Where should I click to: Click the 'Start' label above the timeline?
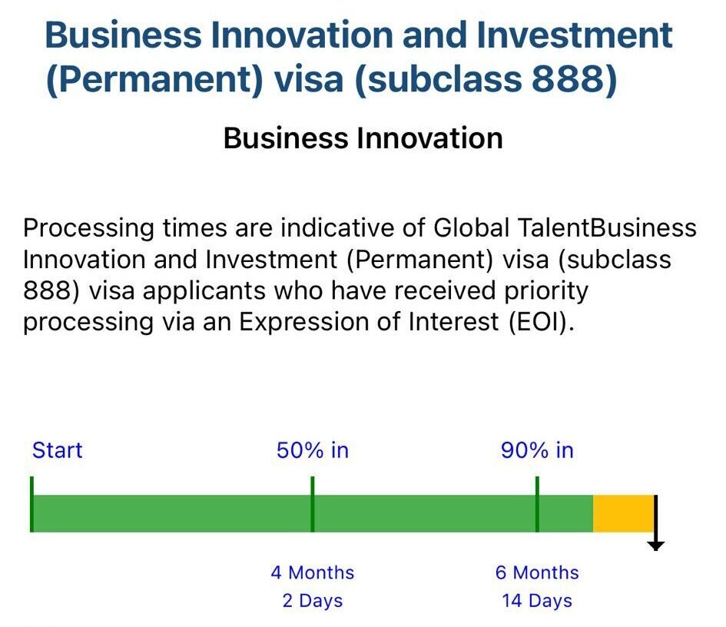pos(57,450)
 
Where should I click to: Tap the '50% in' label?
pos(313,450)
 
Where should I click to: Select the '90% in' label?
pos(537,450)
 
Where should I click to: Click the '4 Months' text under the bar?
pos(313,572)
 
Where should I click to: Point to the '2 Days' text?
pos(313,601)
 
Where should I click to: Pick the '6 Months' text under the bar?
pos(537,572)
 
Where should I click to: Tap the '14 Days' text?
pos(537,601)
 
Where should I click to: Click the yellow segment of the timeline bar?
pos(623,513)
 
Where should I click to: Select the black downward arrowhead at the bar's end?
pos(655,546)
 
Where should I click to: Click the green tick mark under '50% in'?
pos(313,504)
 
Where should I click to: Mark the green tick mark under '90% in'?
pos(537,504)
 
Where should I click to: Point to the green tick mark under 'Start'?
pos(31,504)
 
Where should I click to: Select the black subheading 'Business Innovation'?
pos(363,138)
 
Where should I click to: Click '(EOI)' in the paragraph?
pos(542,322)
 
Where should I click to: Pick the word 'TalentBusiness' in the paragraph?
pos(607,227)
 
